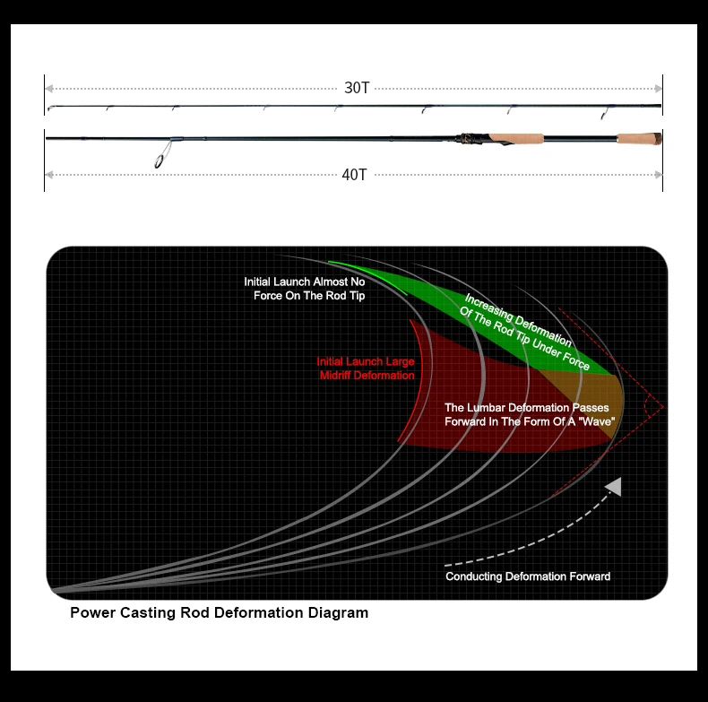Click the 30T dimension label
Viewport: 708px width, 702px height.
[x=357, y=88]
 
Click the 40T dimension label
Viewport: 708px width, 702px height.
[x=355, y=175]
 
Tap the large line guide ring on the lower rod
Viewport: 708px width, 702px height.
[x=159, y=161]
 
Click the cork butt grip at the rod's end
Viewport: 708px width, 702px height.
[x=639, y=138]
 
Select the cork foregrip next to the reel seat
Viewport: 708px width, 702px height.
[x=516, y=138]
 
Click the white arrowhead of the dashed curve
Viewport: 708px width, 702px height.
[x=614, y=487]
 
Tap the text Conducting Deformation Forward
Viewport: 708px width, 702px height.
[x=528, y=576]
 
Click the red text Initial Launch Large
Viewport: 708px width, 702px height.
[x=366, y=361]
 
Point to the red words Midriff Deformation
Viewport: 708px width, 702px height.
[x=367, y=376]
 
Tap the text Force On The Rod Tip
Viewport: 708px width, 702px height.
[x=309, y=296]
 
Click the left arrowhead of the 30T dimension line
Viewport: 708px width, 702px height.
[x=49, y=89]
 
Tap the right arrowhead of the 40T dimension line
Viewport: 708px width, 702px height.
[x=659, y=175]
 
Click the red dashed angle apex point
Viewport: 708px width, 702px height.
[x=663, y=407]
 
